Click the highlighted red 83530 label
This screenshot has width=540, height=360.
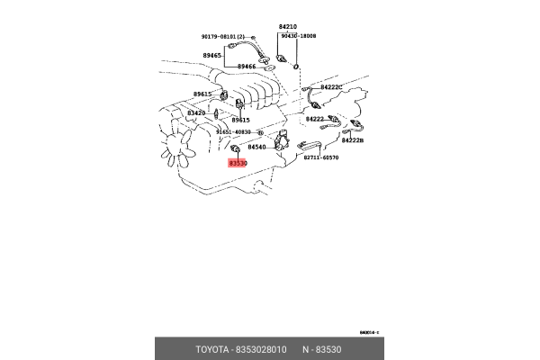pos(238,163)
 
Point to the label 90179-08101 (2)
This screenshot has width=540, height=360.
pos(222,37)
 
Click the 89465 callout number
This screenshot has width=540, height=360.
pos(212,55)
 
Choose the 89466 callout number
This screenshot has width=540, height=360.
pos(246,66)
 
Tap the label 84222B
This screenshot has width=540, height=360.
pos(352,141)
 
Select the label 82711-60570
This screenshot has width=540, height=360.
pos(320,157)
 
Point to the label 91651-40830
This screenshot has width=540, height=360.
pos(233,131)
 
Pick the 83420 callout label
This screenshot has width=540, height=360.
pos(196,113)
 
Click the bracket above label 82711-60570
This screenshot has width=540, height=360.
pos(310,144)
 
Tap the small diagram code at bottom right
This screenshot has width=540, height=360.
pos(369,332)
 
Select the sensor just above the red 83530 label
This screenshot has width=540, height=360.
pos(236,147)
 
